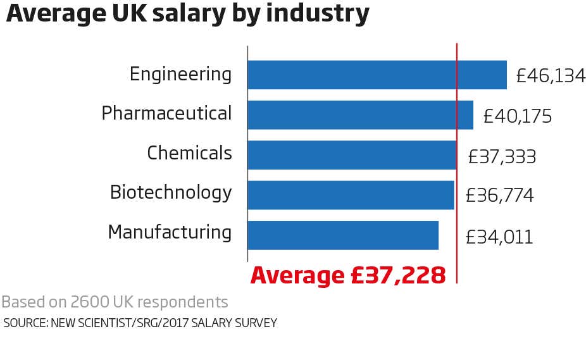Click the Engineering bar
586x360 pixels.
coord(377,75)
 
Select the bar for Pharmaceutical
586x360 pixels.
coord(360,115)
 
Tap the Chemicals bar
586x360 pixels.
coord(351,155)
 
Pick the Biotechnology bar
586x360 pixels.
coord(350,195)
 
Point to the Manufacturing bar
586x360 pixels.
coord(342,235)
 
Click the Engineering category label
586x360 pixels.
coord(180,75)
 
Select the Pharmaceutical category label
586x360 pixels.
coord(166,114)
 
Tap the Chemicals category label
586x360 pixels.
coord(189,153)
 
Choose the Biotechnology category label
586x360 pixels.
coord(171,192)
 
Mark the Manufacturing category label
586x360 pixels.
coord(170,232)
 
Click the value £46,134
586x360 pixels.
coord(551,77)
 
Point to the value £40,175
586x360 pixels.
coord(517,116)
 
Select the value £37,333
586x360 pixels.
coord(502,156)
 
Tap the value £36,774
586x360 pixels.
coord(499,196)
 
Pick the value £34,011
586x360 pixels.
coord(499,237)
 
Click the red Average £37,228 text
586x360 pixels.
coord(348,275)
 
